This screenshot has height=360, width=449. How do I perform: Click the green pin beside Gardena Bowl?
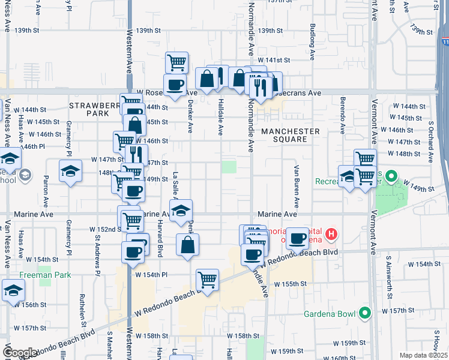(x=364, y=313)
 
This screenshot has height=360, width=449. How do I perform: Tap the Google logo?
(x=19, y=352)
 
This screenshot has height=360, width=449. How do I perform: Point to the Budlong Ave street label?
(x=313, y=42)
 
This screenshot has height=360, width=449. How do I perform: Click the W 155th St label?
(x=289, y=284)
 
